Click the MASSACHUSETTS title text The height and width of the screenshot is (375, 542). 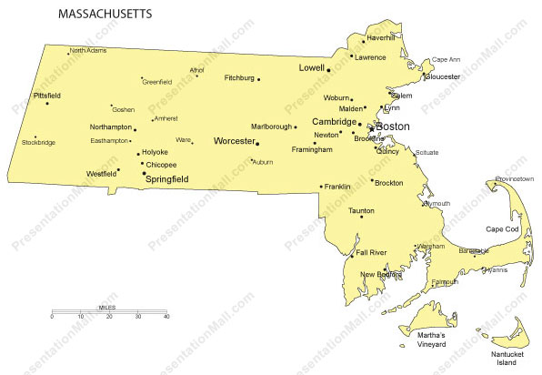pos(105,15)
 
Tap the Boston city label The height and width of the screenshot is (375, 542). pos(392,127)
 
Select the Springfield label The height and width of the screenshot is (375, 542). pos(167,179)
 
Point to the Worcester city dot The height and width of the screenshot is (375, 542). pos(257,143)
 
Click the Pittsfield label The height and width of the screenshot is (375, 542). pos(46,95)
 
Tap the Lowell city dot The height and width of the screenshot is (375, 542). pos(328,69)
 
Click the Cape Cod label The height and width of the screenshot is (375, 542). pos(501,229)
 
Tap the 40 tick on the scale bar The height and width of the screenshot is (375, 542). pos(166,317)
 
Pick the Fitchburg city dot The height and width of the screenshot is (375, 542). pos(258,79)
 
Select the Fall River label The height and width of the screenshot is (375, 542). pos(372,252)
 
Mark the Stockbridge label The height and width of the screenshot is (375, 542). pos(38,143)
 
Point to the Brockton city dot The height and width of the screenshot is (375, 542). pos(372,182)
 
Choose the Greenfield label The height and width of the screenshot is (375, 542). pos(157,82)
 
